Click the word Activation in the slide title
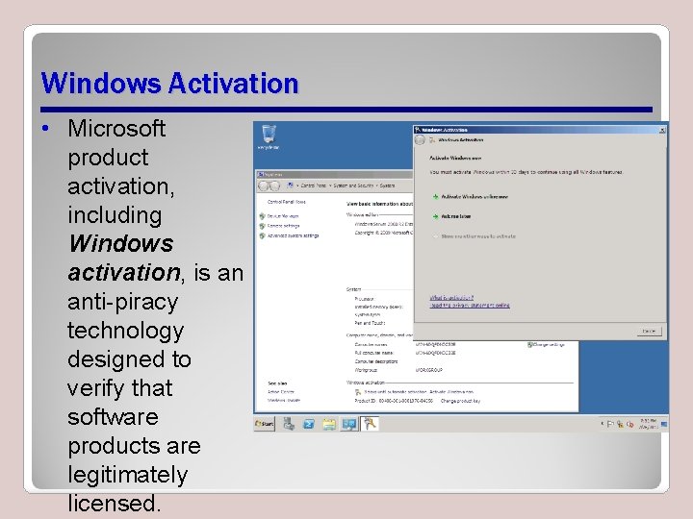click(233, 84)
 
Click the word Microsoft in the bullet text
click(116, 128)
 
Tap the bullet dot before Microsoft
click(46, 129)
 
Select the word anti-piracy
click(122, 302)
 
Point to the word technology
click(124, 331)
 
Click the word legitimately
click(127, 475)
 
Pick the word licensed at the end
click(114, 504)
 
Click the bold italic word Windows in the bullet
click(120, 244)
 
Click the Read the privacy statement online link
click(470, 306)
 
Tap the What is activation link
click(451, 298)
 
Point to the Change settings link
click(549, 344)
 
